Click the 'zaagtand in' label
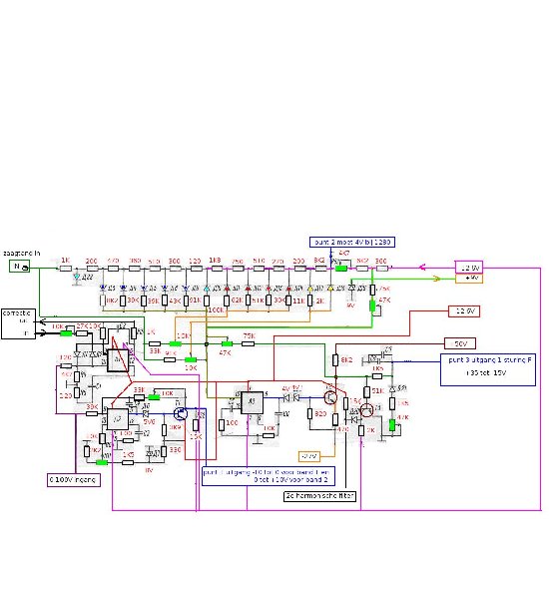pos(21,254)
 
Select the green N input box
pos(18,268)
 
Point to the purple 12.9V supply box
pos(469,267)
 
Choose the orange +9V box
pos(469,279)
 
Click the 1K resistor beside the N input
pos(65,268)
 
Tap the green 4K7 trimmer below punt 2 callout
pos(341,267)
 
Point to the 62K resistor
pos(237,300)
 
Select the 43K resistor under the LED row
pos(175,300)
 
